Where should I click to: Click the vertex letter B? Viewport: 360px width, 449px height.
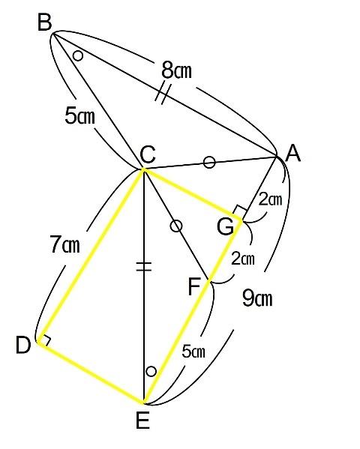(45, 22)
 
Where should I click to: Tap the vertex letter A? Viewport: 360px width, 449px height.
(293, 153)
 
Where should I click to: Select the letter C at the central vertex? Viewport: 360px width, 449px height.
(148, 154)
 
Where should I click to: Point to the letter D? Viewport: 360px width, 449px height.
(23, 345)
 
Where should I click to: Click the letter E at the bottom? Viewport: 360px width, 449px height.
(142, 421)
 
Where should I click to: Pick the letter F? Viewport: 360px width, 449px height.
(194, 286)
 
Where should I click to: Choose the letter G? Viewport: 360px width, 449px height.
(225, 227)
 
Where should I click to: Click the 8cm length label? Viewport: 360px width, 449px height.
(176, 70)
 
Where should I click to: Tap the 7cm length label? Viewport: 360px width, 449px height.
(64, 245)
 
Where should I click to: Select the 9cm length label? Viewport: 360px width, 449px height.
(257, 298)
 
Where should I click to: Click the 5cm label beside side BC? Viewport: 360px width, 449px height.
(79, 116)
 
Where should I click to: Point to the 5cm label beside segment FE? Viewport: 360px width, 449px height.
(193, 352)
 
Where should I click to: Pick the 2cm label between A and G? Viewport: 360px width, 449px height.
(271, 199)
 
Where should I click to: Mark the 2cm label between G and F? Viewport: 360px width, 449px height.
(243, 259)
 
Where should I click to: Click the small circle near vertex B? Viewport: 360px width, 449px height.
(78, 55)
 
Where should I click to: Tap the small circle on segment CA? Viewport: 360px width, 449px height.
(209, 163)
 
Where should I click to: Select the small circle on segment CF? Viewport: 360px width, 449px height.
(176, 226)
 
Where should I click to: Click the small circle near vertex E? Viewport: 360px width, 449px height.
(151, 371)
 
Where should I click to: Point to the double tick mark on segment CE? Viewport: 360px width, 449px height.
(143, 266)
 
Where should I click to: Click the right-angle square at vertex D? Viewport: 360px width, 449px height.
(45, 340)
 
